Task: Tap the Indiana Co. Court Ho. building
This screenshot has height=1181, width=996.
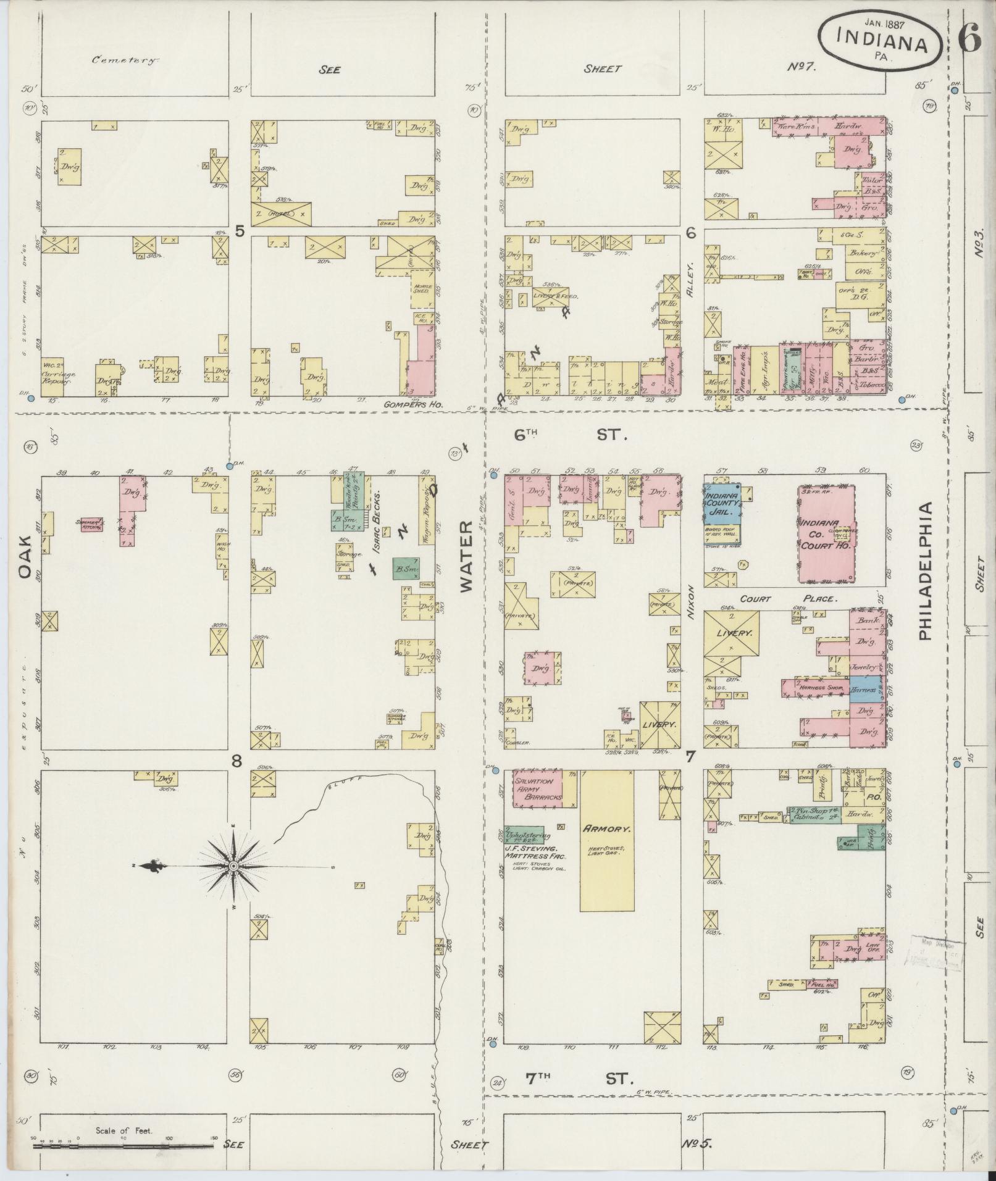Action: pyautogui.click(x=826, y=534)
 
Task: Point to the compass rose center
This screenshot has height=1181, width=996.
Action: pyautogui.click(x=233, y=867)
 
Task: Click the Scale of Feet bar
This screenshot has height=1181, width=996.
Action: pyautogui.click(x=123, y=1145)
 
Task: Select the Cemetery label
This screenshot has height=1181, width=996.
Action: pyautogui.click(x=125, y=61)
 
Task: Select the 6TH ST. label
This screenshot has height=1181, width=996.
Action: pyautogui.click(x=571, y=435)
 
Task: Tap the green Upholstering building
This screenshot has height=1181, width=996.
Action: pyautogui.click(x=524, y=835)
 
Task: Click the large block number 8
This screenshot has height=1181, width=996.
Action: pyautogui.click(x=236, y=762)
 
